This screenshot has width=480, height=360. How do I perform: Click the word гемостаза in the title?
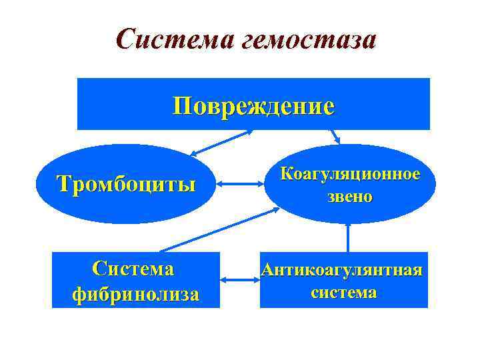coord(311,41)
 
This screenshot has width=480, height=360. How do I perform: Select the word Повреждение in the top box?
coord(253,105)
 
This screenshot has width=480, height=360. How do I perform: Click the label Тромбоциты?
coord(126,183)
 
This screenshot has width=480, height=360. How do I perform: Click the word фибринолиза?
coord(135,293)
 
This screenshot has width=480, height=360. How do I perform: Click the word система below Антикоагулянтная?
coord(343,292)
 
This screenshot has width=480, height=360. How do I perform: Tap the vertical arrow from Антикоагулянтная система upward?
coord(348,237)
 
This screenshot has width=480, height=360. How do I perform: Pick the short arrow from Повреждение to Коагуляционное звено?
coord(335,137)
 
